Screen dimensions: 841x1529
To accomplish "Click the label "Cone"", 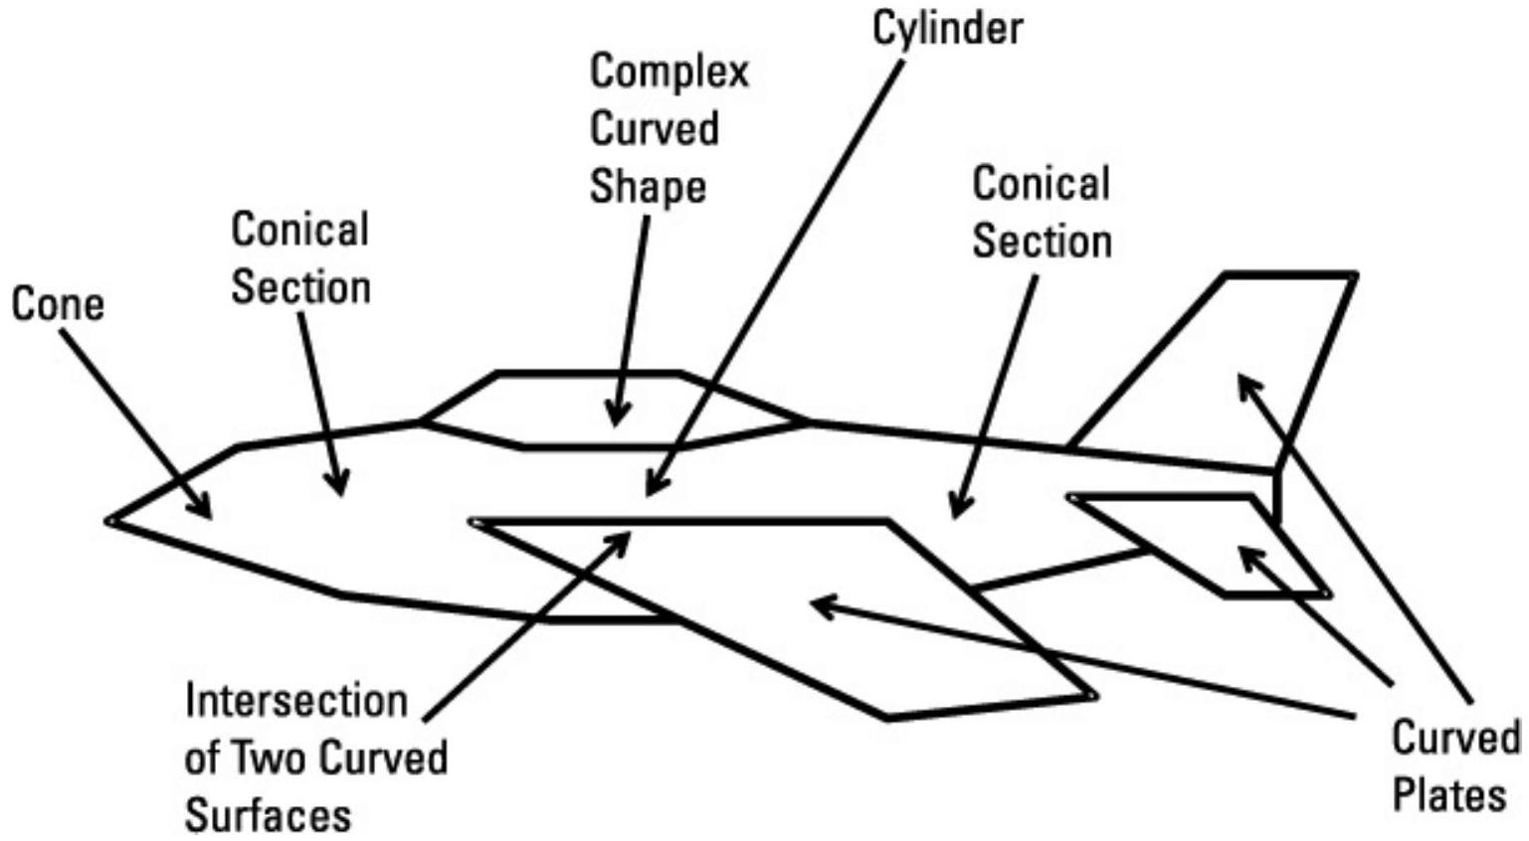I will point(57,304).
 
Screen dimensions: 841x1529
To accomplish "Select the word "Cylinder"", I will point(947,29).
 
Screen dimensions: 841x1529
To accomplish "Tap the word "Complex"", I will point(669,73).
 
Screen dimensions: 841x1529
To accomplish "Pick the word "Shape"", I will point(648,187).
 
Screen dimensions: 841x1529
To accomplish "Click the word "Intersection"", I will point(296,701).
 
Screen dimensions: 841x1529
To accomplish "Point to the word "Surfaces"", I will point(268,815).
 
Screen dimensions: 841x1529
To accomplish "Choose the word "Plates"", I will point(1448,796).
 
